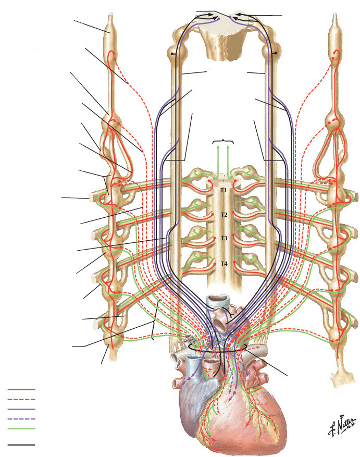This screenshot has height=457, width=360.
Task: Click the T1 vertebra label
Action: click(x=223, y=191)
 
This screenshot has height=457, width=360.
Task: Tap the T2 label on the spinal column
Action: click(x=224, y=215)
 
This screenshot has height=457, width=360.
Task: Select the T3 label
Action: click(x=224, y=238)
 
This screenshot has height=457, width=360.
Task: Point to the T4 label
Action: click(x=224, y=264)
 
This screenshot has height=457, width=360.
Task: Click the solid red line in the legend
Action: click(x=21, y=389)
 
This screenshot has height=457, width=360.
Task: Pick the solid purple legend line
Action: click(x=21, y=409)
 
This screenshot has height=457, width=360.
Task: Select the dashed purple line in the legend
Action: click(x=21, y=419)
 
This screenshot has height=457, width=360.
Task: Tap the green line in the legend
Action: click(x=21, y=429)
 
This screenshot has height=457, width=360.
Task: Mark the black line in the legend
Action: click(x=21, y=445)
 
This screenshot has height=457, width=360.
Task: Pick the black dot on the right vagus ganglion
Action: click(x=274, y=52)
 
